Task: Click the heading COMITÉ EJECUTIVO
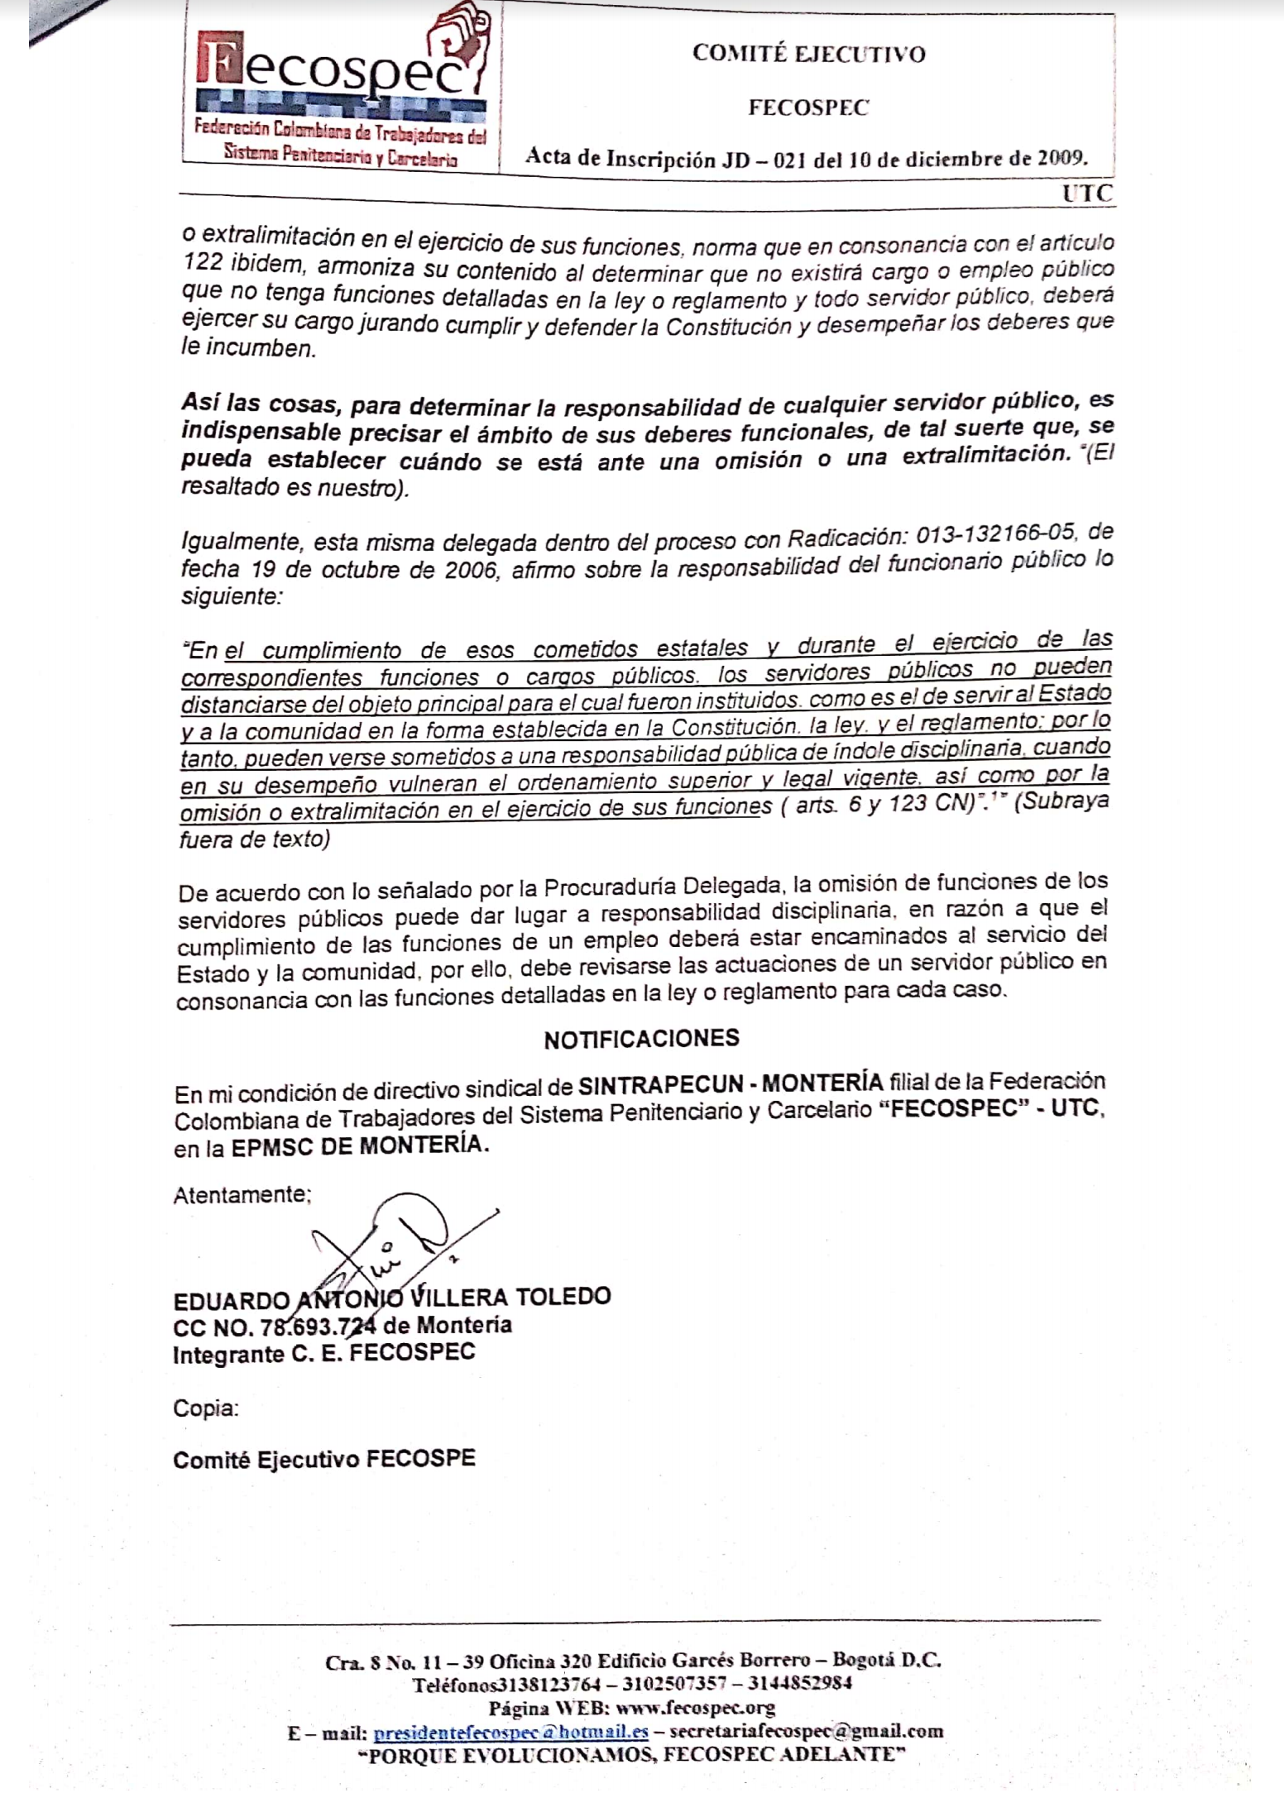pyautogui.click(x=808, y=55)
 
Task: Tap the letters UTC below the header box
pyautogui.click(x=1087, y=194)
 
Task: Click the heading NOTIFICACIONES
pyautogui.click(x=641, y=1039)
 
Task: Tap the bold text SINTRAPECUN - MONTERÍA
pyautogui.click(x=731, y=1083)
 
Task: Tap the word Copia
pyautogui.click(x=205, y=1408)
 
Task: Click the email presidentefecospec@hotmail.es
pyautogui.click(x=510, y=1731)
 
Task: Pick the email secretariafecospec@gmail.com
pyautogui.click(x=806, y=1731)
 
